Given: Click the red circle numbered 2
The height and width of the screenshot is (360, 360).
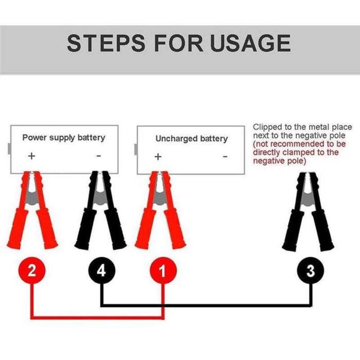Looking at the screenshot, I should click(32, 271).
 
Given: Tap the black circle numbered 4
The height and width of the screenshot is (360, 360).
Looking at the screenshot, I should click(101, 271).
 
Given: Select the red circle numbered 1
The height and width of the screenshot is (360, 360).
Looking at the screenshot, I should click(164, 271).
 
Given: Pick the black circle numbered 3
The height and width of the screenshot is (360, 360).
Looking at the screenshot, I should click(310, 271).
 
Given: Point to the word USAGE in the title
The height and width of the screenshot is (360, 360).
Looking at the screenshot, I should click(250, 43).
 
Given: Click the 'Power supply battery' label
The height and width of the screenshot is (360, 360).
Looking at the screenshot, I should click(63, 137).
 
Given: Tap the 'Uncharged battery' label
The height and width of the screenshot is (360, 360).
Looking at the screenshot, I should click(191, 138).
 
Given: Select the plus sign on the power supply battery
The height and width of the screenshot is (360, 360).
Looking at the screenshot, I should click(32, 156).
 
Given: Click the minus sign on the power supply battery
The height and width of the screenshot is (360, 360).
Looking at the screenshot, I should click(98, 156).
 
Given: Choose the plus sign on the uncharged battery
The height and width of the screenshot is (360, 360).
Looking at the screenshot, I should click(158, 157).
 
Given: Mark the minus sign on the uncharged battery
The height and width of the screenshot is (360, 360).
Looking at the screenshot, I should click(225, 157).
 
